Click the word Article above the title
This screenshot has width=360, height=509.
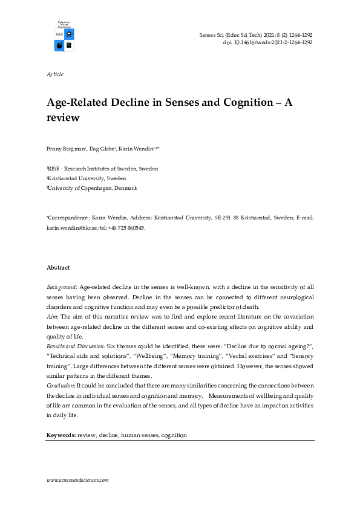[x=55, y=74]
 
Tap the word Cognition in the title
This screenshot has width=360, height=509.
[x=235, y=103]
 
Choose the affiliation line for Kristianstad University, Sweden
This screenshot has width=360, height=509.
[x=87, y=179]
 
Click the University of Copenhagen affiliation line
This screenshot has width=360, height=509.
[x=93, y=189]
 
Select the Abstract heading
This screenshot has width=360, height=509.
[x=58, y=268]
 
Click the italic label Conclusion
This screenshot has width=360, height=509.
[x=62, y=386]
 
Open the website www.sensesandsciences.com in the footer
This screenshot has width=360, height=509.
[x=77, y=479]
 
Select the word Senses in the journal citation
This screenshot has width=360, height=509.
[x=208, y=36]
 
